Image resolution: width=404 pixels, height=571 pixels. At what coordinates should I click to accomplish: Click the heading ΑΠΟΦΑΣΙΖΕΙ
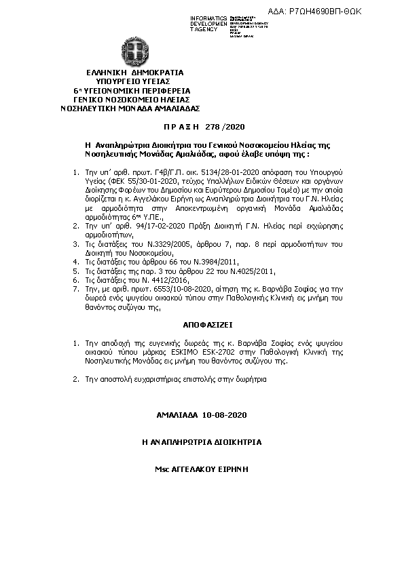[201, 324]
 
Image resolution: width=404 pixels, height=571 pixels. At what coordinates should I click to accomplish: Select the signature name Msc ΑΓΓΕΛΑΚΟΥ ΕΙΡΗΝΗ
[202, 469]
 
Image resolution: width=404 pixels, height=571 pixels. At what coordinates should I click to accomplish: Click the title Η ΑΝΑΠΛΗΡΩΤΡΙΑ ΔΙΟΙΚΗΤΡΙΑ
[202, 441]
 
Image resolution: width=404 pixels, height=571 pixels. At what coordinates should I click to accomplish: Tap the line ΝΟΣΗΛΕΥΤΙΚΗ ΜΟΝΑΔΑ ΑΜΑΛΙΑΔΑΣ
[129, 107]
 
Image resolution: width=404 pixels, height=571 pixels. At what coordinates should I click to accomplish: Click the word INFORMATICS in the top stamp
[208, 17]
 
